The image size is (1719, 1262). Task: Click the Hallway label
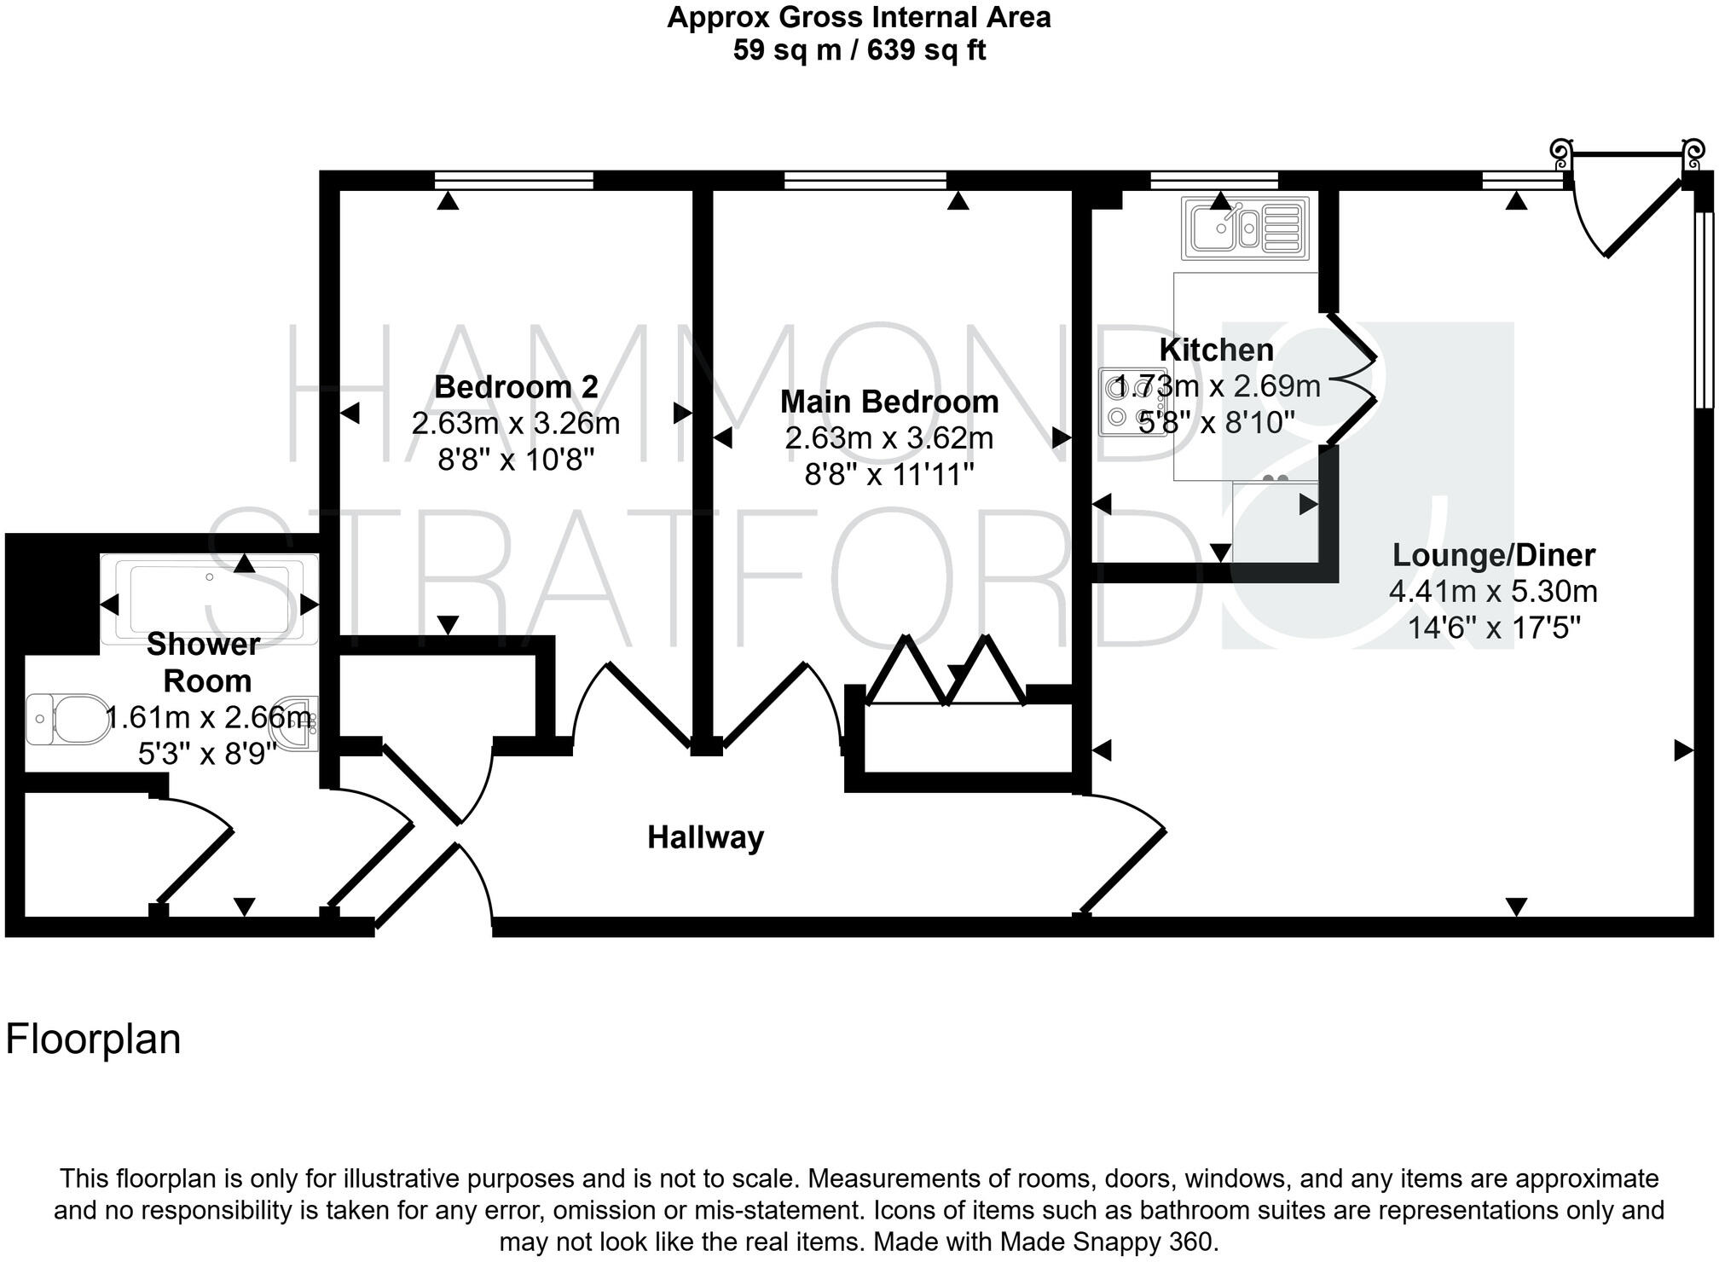(705, 837)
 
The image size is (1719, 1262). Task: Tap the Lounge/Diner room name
(1493, 555)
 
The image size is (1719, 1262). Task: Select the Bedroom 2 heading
(516, 387)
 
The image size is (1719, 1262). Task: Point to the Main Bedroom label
(888, 402)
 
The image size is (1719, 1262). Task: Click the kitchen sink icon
(1244, 228)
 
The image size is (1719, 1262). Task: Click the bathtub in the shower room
(210, 600)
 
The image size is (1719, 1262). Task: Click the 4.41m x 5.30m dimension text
(1493, 592)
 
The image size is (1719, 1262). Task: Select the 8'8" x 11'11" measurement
(888, 474)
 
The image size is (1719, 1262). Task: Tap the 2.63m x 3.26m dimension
(516, 424)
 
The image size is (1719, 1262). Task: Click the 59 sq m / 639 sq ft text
(859, 50)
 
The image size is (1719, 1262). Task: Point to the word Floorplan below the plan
(93, 1040)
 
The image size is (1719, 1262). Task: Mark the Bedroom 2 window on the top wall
(513, 180)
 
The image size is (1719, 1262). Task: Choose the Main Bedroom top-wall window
(865, 180)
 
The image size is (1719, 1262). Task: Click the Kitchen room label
(1216, 350)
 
